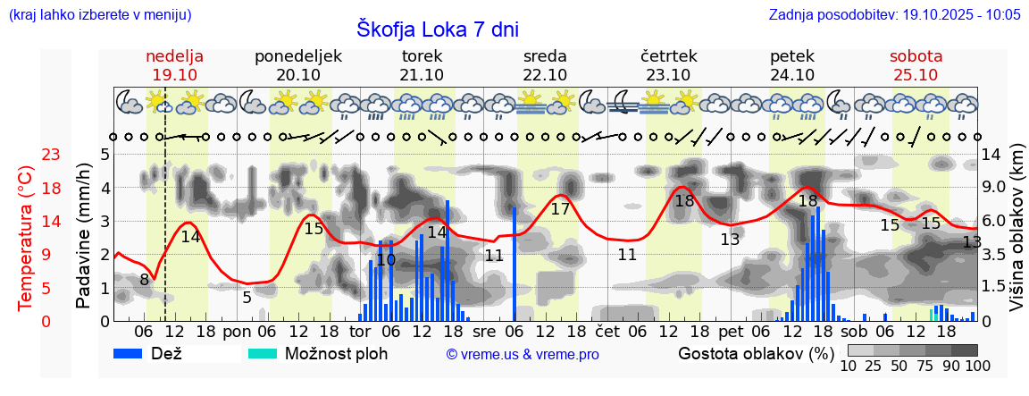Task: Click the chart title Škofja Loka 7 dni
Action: [x=437, y=29]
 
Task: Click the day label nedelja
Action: [x=174, y=56]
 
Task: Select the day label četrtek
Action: [x=668, y=56]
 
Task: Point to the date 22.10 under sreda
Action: [x=545, y=75]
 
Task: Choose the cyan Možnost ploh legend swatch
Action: [x=263, y=353]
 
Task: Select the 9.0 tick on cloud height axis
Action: [x=993, y=188]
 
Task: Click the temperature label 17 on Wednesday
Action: [x=560, y=209]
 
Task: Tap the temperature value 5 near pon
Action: [x=247, y=297]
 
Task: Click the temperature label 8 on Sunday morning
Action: [x=145, y=280]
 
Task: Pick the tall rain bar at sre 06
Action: [x=514, y=264]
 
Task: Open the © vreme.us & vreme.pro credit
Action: [x=523, y=354]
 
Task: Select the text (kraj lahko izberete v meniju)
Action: [x=99, y=15]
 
